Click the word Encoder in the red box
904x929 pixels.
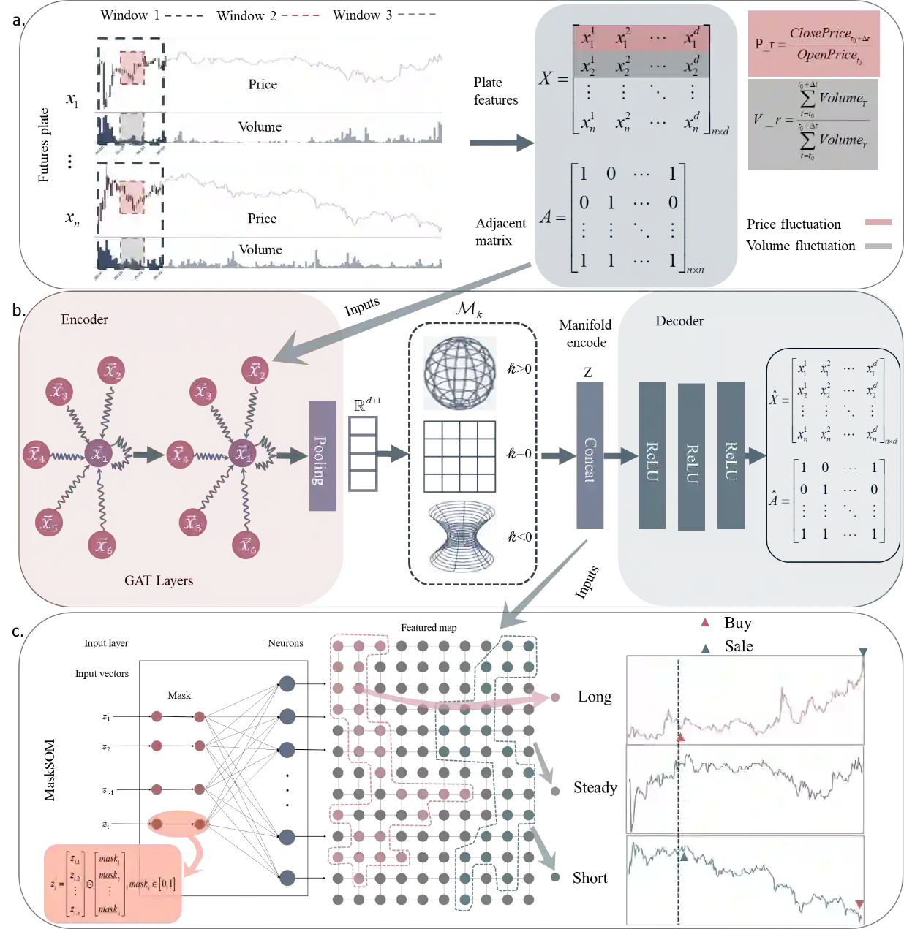[85, 319]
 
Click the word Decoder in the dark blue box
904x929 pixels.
[679, 321]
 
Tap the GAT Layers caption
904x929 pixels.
[159, 581]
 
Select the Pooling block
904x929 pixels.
[322, 456]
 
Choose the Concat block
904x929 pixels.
[590, 456]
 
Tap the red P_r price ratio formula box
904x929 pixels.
[813, 44]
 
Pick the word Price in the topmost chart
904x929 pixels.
[263, 85]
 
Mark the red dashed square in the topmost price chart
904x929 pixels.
[132, 67]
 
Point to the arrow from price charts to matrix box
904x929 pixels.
[500, 140]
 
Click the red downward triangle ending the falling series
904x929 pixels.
[859, 905]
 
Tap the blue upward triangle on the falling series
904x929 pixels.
[684, 854]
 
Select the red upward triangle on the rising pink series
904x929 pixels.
[681, 739]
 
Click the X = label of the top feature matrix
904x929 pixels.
[553, 77]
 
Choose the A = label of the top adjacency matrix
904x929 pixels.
[554, 216]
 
